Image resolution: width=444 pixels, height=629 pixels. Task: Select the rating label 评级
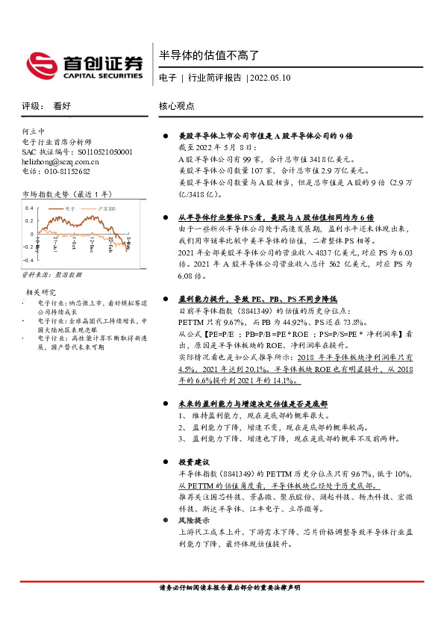(31, 107)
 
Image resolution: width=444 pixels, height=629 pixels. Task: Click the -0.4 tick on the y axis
(28, 259)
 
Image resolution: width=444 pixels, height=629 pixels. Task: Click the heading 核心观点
(177, 107)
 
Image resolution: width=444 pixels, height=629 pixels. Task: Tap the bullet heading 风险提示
(194, 520)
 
